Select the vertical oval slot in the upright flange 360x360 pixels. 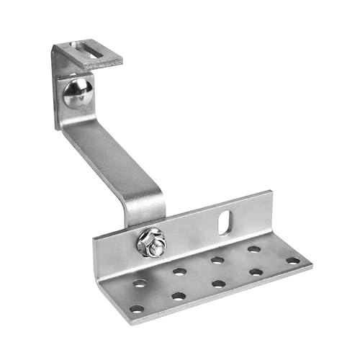[x=225, y=220]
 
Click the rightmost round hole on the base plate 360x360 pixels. [x=292, y=260]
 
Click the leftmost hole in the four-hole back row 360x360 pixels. [x=140, y=283]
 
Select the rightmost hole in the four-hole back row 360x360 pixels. [x=254, y=249]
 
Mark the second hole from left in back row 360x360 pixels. [x=179, y=271]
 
